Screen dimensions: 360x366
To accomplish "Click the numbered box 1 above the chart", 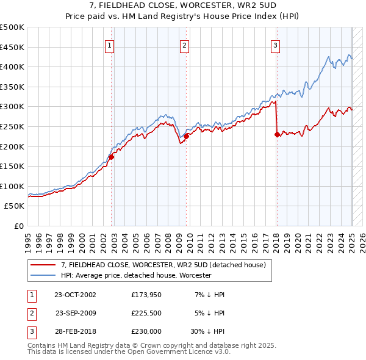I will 109,45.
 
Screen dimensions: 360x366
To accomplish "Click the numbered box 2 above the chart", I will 184,45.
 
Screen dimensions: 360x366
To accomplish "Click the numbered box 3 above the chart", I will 275,45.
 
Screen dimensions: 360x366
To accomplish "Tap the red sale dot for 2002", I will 112,157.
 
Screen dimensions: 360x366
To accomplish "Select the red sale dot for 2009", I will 187,136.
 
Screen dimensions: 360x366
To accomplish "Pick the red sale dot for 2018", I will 278,134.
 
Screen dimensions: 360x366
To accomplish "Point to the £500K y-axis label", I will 12,27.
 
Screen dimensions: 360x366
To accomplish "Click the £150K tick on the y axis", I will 12,166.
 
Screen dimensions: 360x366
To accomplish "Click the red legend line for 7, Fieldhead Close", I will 42,265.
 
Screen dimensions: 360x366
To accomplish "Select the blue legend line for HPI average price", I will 42,275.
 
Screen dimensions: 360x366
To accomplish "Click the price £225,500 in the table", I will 146,313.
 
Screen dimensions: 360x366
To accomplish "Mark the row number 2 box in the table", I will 31,313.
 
